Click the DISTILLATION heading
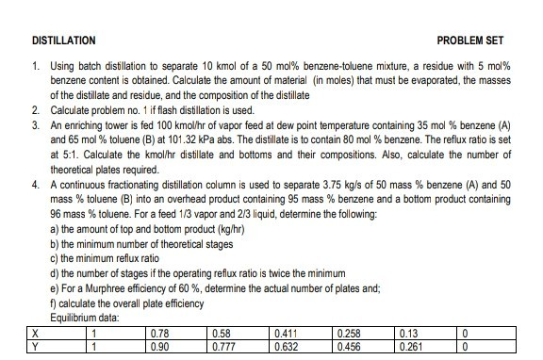(63, 41)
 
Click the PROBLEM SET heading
(470, 41)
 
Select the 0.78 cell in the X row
(161, 333)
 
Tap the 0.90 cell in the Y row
(161, 346)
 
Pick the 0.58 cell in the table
(222, 333)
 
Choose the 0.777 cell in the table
(224, 346)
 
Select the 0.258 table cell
(349, 333)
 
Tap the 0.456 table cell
(349, 346)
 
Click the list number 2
(35, 110)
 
